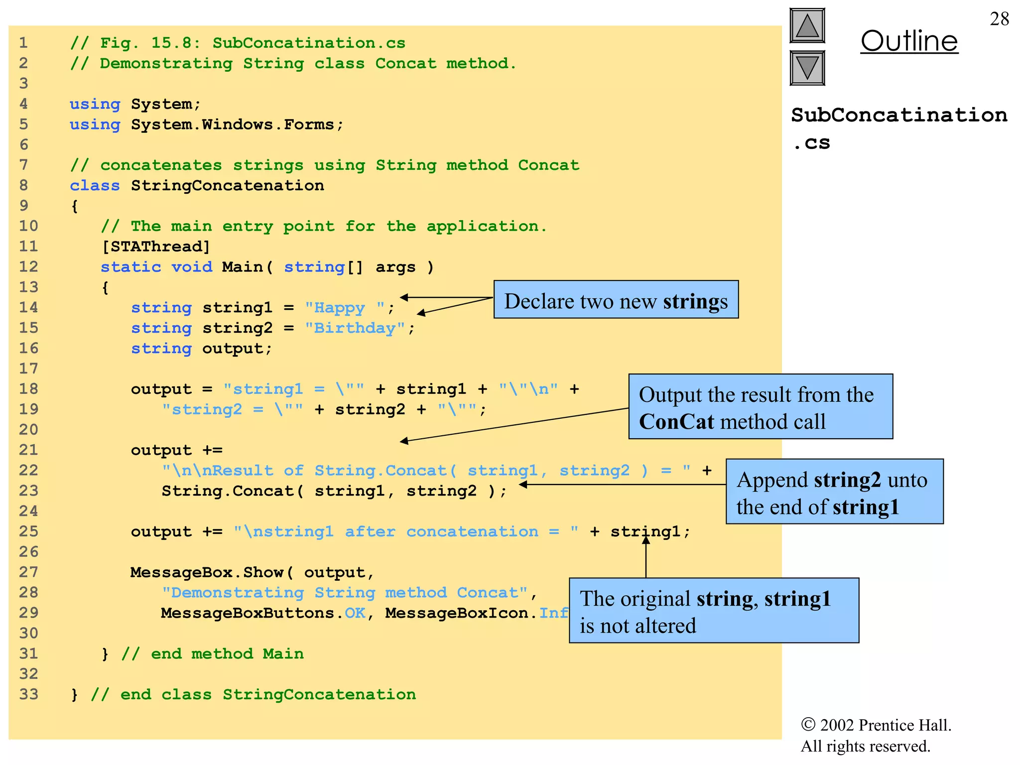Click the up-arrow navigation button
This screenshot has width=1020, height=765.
[807, 26]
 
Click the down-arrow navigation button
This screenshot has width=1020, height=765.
[807, 68]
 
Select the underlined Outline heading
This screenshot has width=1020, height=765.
[909, 41]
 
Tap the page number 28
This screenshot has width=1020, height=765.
[999, 19]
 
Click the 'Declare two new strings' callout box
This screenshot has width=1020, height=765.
[616, 300]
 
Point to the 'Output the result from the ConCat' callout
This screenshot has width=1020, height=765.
[760, 407]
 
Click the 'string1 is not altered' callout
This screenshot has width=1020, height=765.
[713, 611]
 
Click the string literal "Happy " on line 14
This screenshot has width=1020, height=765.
[345, 308]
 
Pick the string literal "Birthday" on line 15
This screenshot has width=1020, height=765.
[355, 328]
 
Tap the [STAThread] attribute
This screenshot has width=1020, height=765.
[156, 247]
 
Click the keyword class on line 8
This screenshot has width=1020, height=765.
[95, 186]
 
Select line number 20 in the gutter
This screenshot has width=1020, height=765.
[28, 429]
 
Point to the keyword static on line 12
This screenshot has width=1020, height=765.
[130, 267]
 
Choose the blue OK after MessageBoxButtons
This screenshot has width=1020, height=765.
[355, 613]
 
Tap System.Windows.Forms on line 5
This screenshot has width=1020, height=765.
[232, 125]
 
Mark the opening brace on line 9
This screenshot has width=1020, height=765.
[75, 206]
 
